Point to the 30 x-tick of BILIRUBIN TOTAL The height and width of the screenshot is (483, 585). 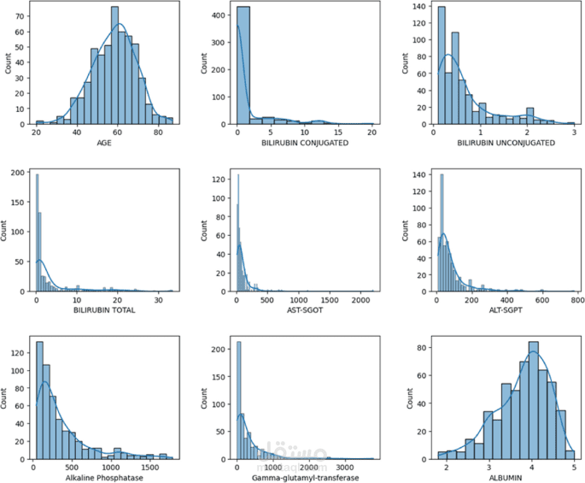158,302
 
